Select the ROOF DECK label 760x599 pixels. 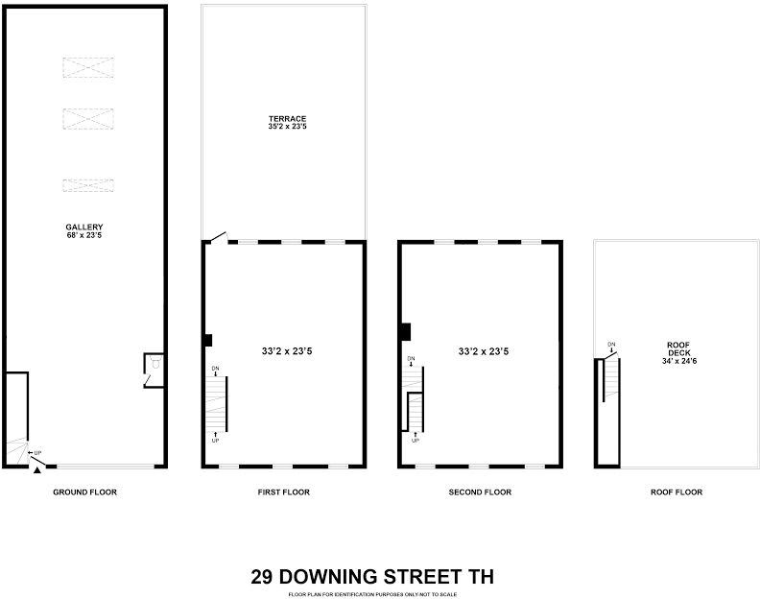[679, 350]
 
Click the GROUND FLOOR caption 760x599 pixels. [84, 492]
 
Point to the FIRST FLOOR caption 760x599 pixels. [283, 492]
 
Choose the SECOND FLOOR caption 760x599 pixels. [480, 492]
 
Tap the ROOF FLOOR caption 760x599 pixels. [677, 492]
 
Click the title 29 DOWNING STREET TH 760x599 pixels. [372, 577]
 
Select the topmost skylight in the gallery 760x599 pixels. [88, 67]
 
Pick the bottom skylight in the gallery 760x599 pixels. [88, 185]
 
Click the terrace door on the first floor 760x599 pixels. [220, 236]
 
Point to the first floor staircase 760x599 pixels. [215, 403]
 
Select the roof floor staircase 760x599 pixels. [607, 380]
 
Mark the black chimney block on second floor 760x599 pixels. [405, 331]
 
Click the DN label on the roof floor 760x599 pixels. [611, 345]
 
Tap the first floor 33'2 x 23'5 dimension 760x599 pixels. [287, 351]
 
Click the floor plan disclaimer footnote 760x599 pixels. [372, 594]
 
